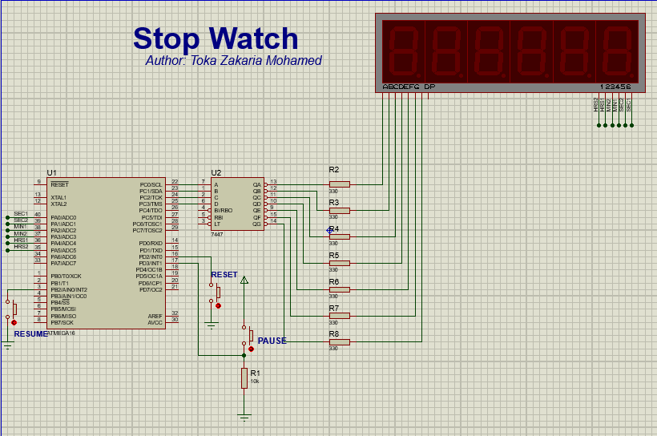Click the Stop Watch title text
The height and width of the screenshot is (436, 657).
[216, 38]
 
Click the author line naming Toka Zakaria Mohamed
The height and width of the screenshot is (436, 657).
[233, 61]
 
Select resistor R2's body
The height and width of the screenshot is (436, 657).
[339, 184]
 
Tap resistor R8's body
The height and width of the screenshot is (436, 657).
[339, 341]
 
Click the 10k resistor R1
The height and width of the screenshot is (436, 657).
[244, 378]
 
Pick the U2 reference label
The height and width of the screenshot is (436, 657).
[216, 173]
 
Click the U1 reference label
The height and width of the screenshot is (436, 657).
[52, 173]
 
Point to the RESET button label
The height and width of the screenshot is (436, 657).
[224, 275]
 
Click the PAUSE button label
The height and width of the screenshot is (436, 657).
[272, 341]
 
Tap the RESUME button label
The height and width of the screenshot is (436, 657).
[30, 333]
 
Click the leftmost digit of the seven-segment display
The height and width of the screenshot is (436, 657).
[402, 50]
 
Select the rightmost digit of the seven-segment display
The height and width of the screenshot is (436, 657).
[616, 50]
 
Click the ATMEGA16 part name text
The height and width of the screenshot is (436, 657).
[62, 333]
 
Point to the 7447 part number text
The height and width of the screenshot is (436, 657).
[217, 234]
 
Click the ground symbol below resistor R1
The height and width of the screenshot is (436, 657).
[244, 417]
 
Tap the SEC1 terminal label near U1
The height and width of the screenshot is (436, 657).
[20, 214]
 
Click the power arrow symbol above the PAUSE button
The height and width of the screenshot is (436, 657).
[244, 280]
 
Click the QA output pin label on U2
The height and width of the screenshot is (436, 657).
[257, 184]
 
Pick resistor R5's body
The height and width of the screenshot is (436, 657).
[339, 263]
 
